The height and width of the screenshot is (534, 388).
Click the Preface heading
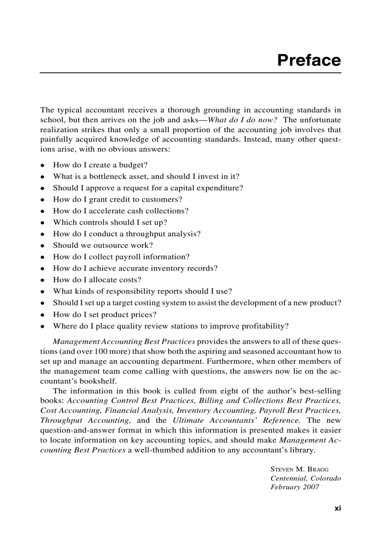(x=309, y=60)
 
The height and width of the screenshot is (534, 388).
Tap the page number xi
(x=338, y=508)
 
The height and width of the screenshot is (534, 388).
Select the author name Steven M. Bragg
(x=299, y=469)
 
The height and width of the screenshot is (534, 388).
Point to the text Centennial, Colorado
(x=305, y=478)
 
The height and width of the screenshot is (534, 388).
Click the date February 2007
(x=295, y=487)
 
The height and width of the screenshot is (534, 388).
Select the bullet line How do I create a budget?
(x=100, y=165)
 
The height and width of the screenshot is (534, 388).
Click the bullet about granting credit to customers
(x=117, y=199)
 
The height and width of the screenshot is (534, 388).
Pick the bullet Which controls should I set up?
(x=110, y=222)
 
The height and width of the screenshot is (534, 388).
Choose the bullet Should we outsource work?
(x=103, y=245)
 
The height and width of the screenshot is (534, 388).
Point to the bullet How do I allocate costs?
(x=97, y=280)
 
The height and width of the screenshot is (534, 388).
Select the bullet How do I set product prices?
(x=105, y=314)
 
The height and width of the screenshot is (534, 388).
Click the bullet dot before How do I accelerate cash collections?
(x=43, y=211)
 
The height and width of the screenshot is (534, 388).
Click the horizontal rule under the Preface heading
(x=190, y=73)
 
